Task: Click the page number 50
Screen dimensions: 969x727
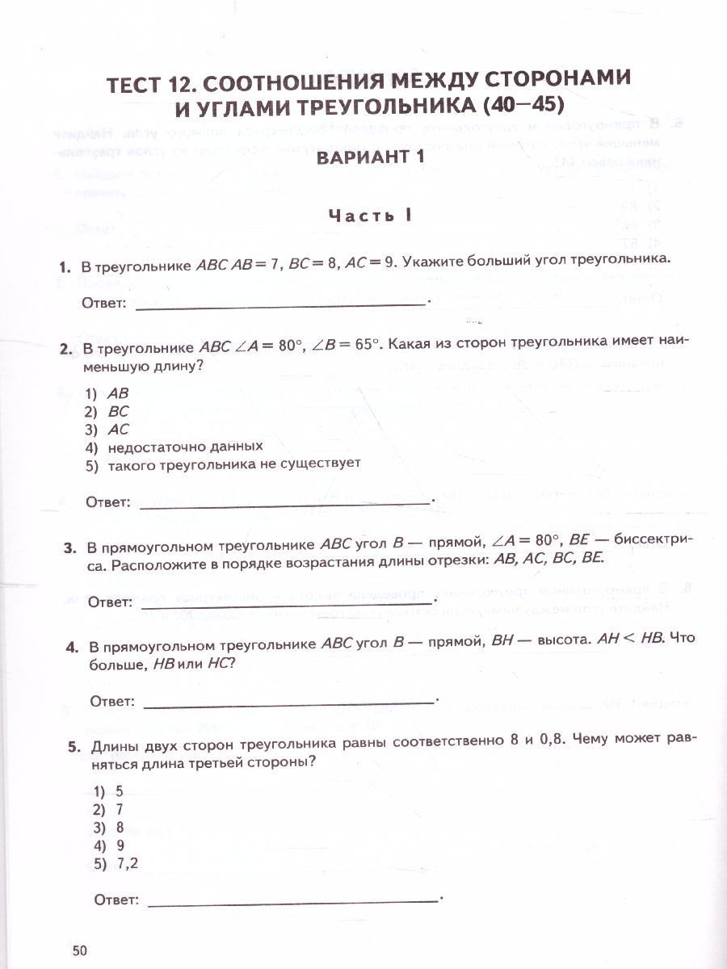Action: click(79, 950)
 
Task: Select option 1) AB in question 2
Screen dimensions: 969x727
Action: click(107, 394)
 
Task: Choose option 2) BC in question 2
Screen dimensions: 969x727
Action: click(107, 412)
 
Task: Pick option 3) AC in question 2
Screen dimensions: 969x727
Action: click(107, 430)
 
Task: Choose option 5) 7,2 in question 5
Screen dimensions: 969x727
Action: click(116, 863)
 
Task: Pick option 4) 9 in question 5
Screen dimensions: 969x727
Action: click(108, 845)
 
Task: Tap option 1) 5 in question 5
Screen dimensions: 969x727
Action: click(108, 792)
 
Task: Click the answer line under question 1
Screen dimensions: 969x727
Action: click(280, 305)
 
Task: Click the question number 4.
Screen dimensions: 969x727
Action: click(72, 647)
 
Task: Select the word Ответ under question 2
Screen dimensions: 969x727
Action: click(108, 502)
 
